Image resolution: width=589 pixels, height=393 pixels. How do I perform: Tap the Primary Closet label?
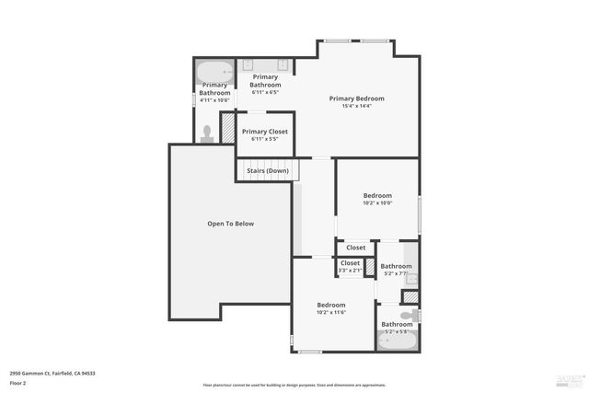tap(265, 132)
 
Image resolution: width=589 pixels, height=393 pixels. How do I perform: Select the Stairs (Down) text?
tap(268, 170)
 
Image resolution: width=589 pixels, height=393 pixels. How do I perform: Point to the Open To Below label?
tap(230, 224)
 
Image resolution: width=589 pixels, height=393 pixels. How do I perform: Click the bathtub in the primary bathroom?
tap(214, 72)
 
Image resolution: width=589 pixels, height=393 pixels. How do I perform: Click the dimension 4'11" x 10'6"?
tap(215, 100)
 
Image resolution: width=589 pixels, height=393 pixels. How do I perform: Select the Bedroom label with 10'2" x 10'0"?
tap(377, 195)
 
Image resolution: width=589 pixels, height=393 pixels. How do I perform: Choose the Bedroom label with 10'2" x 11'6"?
tap(331, 305)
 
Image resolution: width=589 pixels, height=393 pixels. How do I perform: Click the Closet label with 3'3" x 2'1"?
tap(350, 263)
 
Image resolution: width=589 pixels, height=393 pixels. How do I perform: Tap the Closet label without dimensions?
tap(356, 248)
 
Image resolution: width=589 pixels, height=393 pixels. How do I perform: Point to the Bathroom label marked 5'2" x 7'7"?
tap(397, 266)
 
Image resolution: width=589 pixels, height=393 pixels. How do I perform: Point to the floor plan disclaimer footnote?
tap(294, 385)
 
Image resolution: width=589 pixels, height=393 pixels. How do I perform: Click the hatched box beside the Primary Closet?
tap(227, 128)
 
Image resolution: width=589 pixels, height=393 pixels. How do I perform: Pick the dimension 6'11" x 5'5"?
tap(265, 139)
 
